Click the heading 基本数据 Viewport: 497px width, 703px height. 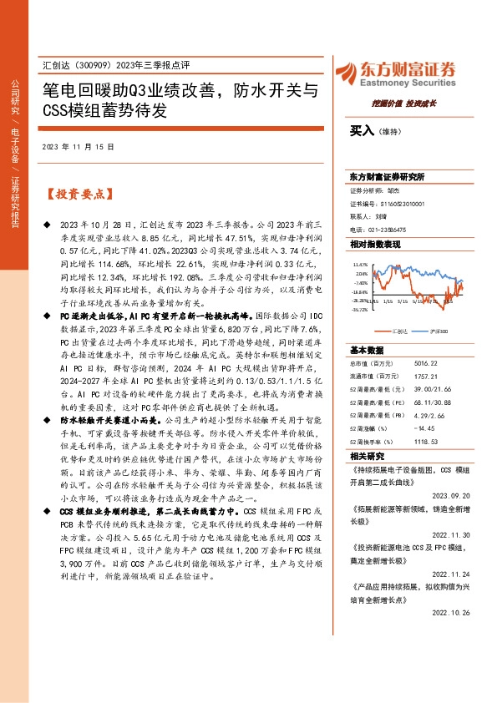coord(368,350)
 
